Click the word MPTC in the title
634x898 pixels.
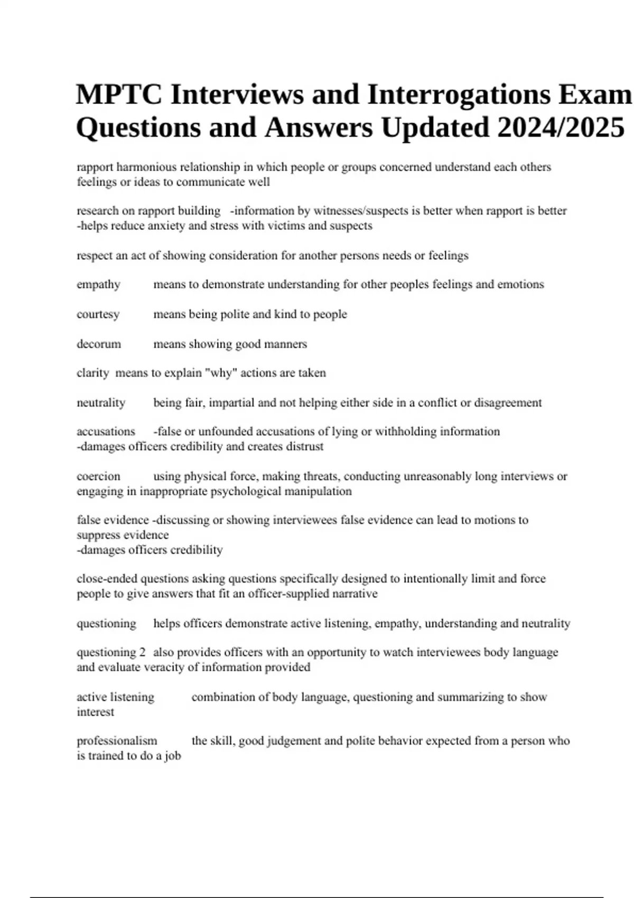[118, 95]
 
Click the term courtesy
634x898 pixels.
[98, 314]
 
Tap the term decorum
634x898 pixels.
[99, 344]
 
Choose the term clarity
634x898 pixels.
[92, 373]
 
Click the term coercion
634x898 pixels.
[98, 476]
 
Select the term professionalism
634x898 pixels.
[117, 741]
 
